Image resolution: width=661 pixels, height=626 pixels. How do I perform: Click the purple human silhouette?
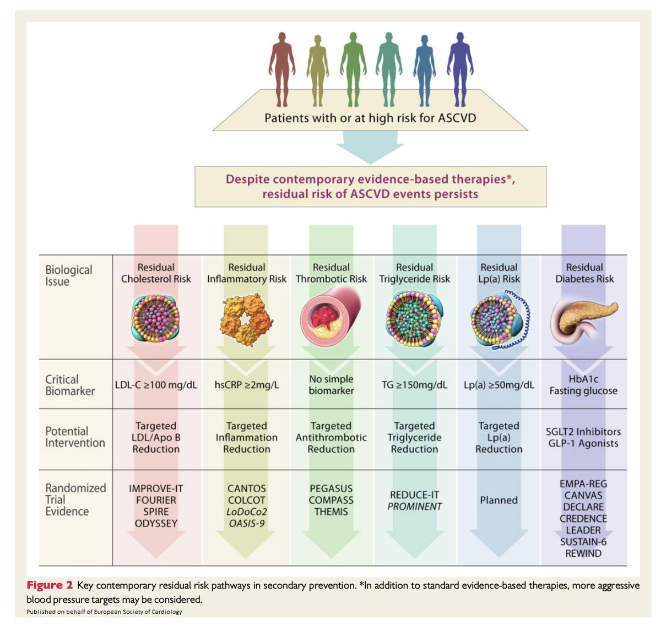459,69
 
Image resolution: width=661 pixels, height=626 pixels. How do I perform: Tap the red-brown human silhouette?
281,69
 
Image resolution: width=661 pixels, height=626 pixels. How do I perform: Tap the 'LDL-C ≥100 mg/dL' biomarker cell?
156,385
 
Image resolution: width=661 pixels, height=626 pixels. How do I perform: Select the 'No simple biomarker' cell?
331,385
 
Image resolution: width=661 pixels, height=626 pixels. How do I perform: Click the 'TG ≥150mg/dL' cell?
414,385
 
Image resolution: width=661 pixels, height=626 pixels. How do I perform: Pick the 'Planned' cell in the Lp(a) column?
499,500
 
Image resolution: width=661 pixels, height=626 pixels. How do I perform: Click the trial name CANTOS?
246,488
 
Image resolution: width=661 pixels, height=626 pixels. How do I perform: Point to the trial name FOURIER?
156,500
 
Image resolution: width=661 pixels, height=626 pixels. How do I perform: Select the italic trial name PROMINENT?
414,507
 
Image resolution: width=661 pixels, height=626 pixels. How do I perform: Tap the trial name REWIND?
583,553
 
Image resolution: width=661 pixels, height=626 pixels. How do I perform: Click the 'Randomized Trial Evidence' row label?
75,499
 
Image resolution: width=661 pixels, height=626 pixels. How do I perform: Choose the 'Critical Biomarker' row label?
70,385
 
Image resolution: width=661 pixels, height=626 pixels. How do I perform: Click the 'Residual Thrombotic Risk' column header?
331,273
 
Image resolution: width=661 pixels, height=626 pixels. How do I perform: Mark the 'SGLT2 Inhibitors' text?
583,432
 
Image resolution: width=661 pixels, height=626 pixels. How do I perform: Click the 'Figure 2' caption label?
50,585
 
